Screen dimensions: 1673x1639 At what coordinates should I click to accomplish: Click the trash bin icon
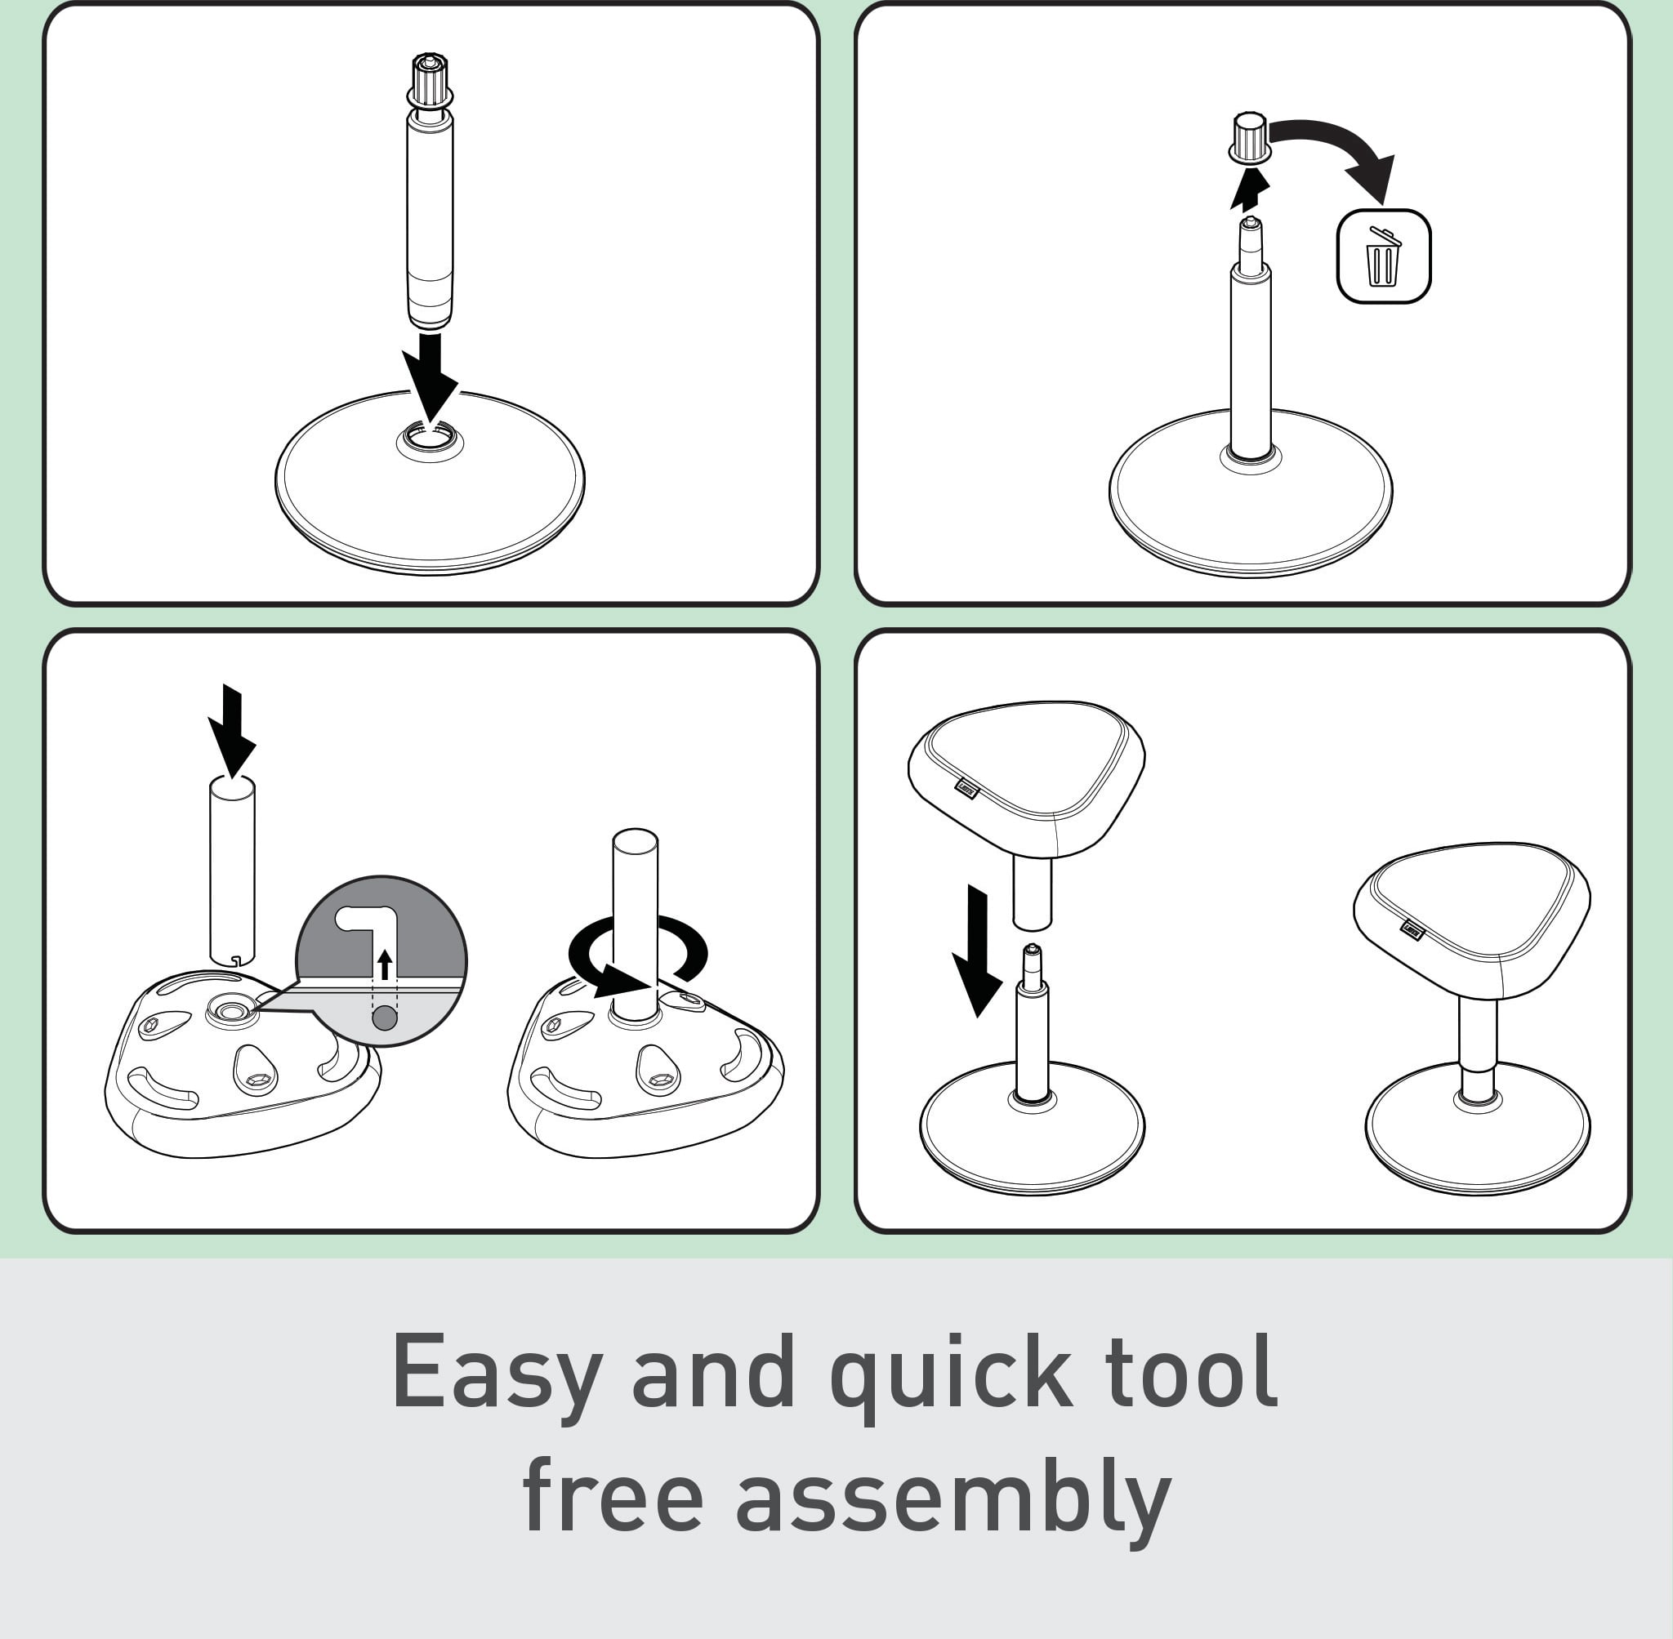tap(1383, 256)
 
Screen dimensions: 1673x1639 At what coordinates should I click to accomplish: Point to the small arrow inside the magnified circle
tap(385, 964)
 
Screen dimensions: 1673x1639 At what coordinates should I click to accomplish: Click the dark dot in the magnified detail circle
tap(385, 1018)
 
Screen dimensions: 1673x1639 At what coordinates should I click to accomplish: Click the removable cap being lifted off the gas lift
tap(1249, 137)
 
